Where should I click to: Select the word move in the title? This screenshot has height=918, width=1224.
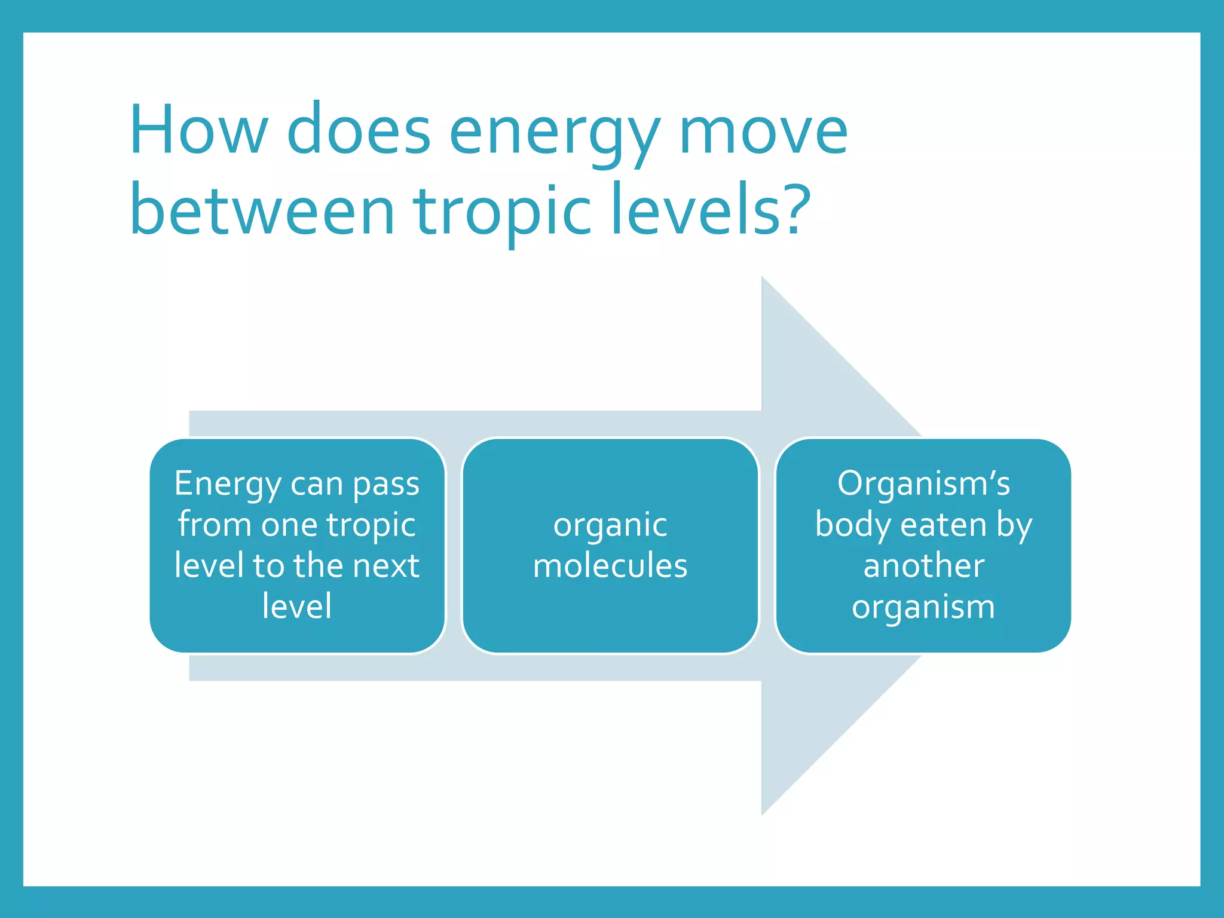tap(763, 130)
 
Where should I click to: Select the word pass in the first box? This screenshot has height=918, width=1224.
tap(386, 485)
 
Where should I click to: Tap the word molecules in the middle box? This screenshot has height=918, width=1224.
tap(610, 565)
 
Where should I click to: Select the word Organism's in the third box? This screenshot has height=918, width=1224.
tap(923, 484)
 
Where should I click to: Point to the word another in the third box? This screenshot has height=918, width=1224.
tap(923, 565)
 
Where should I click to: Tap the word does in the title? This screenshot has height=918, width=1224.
tap(359, 130)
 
